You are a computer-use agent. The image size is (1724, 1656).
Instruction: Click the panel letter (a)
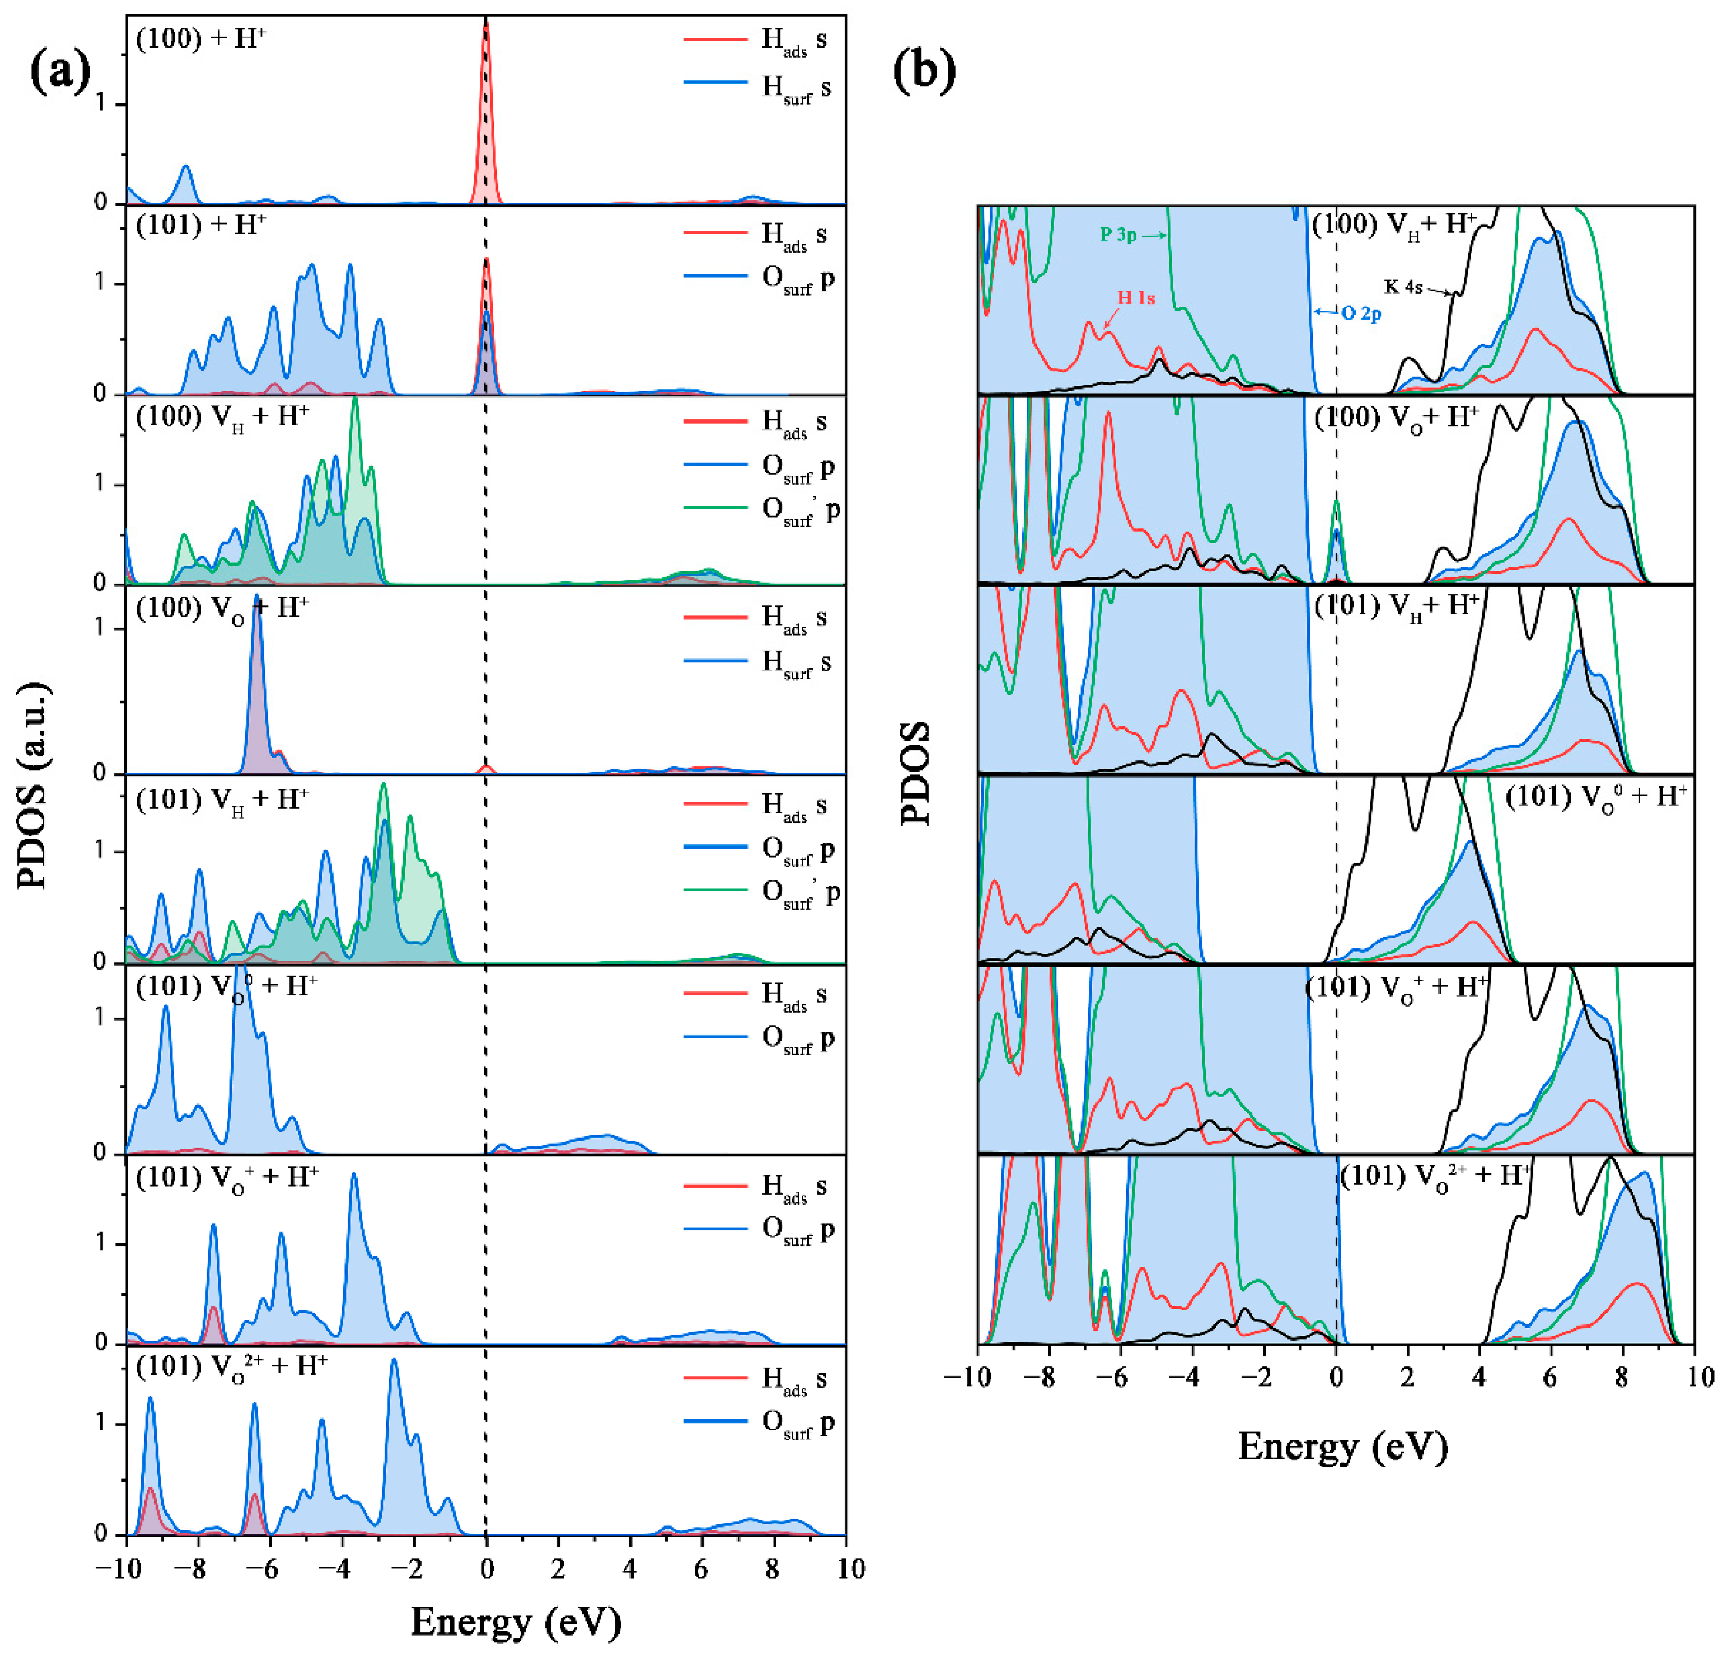60,72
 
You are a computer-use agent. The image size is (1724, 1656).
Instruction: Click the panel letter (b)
923,72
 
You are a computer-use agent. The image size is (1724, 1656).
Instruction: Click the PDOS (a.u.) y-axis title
35,784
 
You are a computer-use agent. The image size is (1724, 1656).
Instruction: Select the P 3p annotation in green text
1119,235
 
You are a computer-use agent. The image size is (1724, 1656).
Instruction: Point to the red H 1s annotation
1136,298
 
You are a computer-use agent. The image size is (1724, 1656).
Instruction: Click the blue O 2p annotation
1361,313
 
